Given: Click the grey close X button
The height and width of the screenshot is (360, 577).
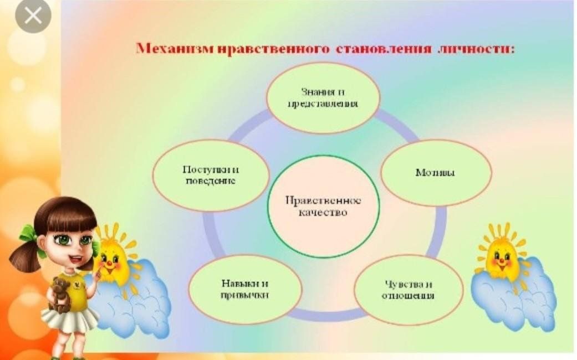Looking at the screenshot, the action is pos(33,16).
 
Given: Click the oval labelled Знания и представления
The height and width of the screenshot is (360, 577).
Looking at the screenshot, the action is pos(323,98).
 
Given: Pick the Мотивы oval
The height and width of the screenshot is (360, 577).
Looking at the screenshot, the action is pos(436,173).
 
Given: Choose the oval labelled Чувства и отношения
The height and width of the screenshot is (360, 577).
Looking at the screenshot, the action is pos(408,290).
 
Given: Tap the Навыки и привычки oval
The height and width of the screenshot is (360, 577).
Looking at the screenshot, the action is pos(245,290).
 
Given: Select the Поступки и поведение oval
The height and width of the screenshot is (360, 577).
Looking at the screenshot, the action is pos(211,176).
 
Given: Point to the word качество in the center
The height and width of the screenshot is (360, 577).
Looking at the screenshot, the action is pos(323,213).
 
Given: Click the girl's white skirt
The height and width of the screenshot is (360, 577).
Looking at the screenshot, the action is pos(69,319).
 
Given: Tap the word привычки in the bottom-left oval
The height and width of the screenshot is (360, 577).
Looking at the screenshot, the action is pos(244,295).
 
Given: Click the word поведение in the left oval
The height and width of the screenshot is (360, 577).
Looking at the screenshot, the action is pos(211,181).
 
